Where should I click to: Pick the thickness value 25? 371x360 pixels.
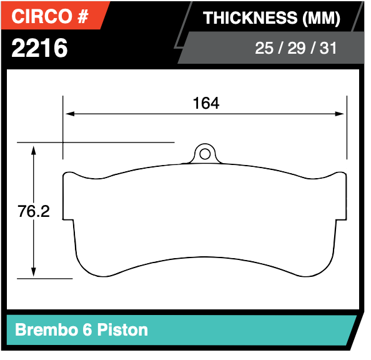coord(264,48)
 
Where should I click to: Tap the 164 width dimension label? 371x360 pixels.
coord(205,103)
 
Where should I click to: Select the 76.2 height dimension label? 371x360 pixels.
coord(34,212)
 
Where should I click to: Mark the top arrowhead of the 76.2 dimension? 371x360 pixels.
coord(34,147)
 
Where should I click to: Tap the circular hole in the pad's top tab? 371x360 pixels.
coord(204,153)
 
